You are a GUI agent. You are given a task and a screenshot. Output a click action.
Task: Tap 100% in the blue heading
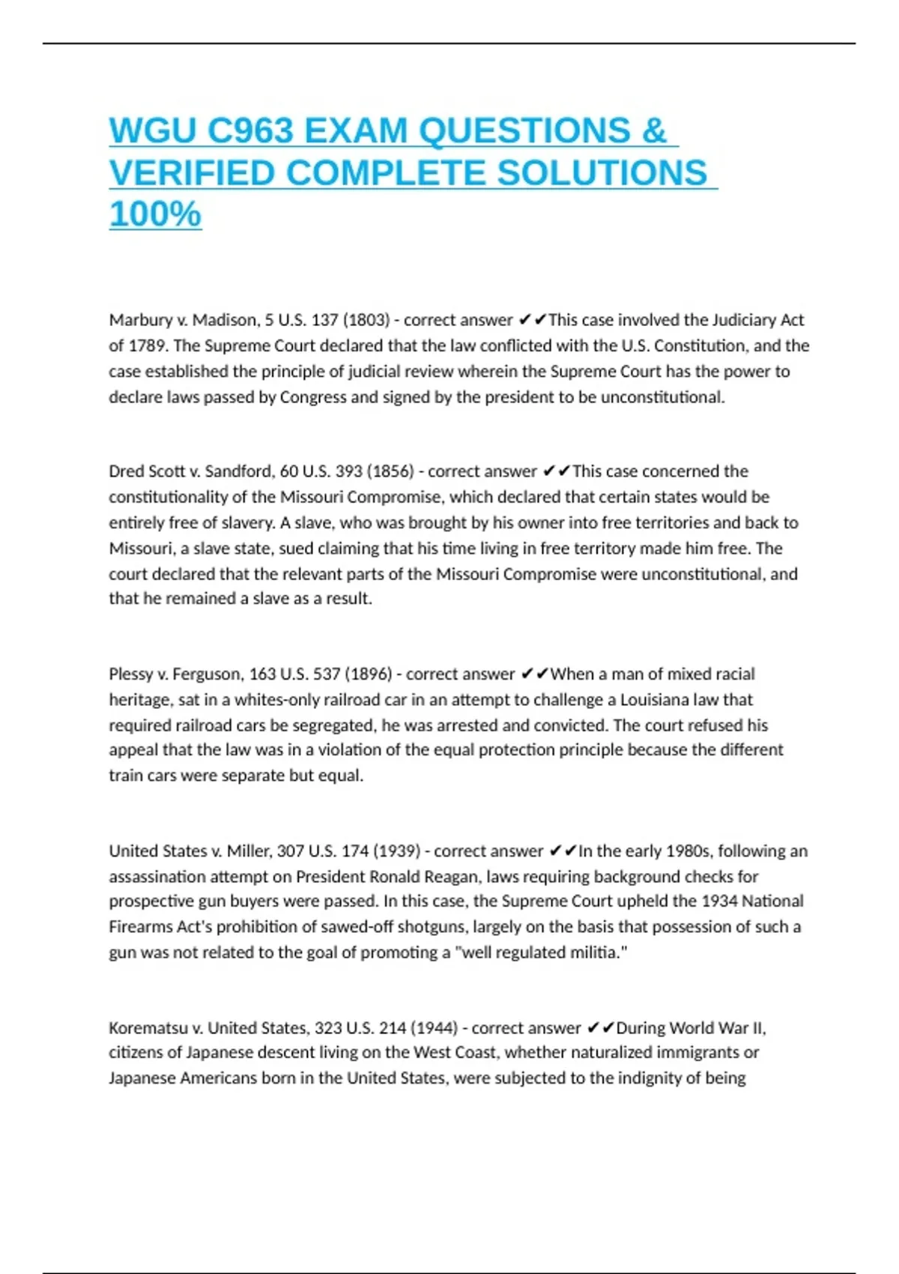[155, 214]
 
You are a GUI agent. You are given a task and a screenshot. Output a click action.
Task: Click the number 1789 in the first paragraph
[147, 345]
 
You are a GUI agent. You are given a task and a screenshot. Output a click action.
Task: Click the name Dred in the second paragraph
[125, 471]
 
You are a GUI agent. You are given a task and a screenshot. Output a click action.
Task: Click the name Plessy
[131, 674]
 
